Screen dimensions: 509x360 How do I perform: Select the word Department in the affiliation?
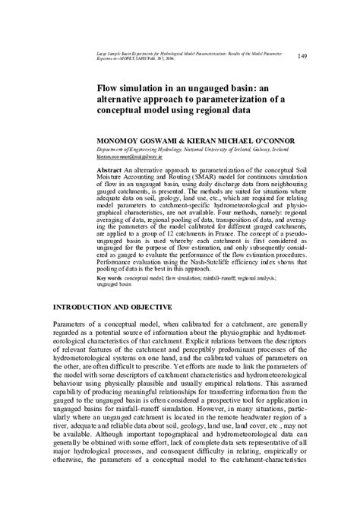[110, 150]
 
